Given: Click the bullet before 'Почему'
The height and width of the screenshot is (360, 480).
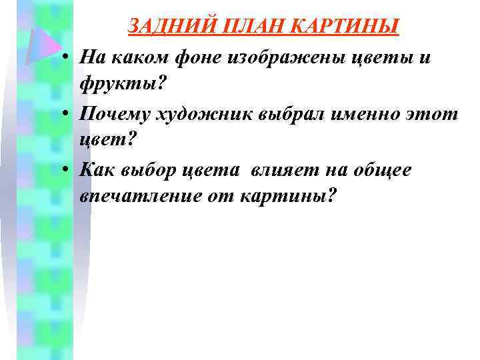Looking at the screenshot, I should coord(69,115).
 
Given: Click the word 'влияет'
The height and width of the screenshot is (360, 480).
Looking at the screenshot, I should coord(281,171).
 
